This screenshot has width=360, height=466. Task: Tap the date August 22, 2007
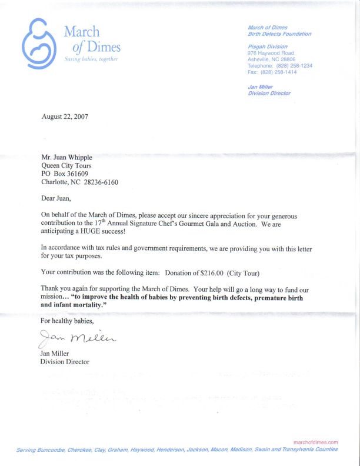pos(65,116)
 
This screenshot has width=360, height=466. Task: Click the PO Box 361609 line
pos(65,174)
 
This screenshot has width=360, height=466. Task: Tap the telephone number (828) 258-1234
pos(292,65)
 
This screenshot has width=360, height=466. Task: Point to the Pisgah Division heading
pos(268,46)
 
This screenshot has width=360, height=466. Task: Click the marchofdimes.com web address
pos(315,442)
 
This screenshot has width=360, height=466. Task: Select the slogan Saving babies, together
pos(91,60)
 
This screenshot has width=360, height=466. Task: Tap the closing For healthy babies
pos(66,321)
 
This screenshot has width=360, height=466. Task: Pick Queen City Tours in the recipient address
pos(66,165)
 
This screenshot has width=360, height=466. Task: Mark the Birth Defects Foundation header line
pos(279,34)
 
